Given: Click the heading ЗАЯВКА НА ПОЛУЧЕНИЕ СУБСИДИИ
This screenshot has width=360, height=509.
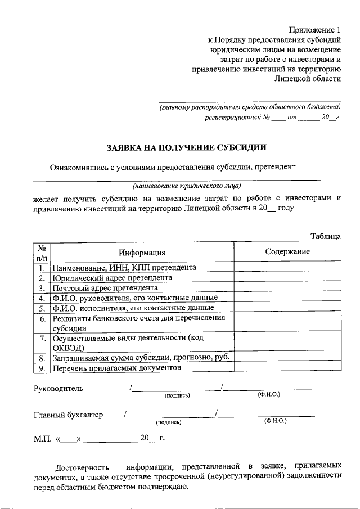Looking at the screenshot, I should tap(187, 147).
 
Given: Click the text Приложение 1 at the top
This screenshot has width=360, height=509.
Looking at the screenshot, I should tap(315, 29).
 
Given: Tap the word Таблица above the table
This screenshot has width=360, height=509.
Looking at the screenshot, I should tap(326, 236).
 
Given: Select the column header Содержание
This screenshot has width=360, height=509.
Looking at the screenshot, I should tap(287, 251).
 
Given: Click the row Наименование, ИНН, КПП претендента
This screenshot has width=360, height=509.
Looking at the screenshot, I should tap(124, 268).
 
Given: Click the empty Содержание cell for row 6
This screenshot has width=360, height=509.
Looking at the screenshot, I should tap(287, 323).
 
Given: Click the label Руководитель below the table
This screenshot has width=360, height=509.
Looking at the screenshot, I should tap(58, 388).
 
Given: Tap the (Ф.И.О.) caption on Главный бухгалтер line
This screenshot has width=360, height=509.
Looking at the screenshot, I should tap(274, 421).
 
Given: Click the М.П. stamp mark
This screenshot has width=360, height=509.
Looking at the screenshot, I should tap(42, 439).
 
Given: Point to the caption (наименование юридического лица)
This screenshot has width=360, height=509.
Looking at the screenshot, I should tap(187, 185).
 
